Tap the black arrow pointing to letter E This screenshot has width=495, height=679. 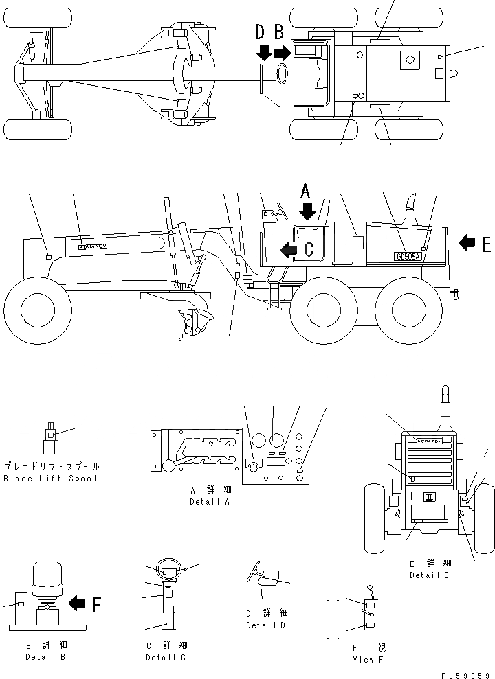click(x=467, y=242)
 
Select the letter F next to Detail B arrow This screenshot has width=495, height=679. click(x=96, y=604)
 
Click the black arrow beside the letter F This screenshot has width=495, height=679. click(x=77, y=604)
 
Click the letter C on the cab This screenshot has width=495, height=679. click(x=309, y=249)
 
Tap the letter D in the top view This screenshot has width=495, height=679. click(x=261, y=31)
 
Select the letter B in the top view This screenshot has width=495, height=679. click(x=278, y=31)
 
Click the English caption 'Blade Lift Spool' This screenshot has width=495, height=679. click(x=50, y=478)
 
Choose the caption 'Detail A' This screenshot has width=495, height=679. click(x=210, y=502)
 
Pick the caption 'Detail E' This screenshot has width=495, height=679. click(x=429, y=575)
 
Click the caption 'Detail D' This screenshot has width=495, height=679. click(x=265, y=625)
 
